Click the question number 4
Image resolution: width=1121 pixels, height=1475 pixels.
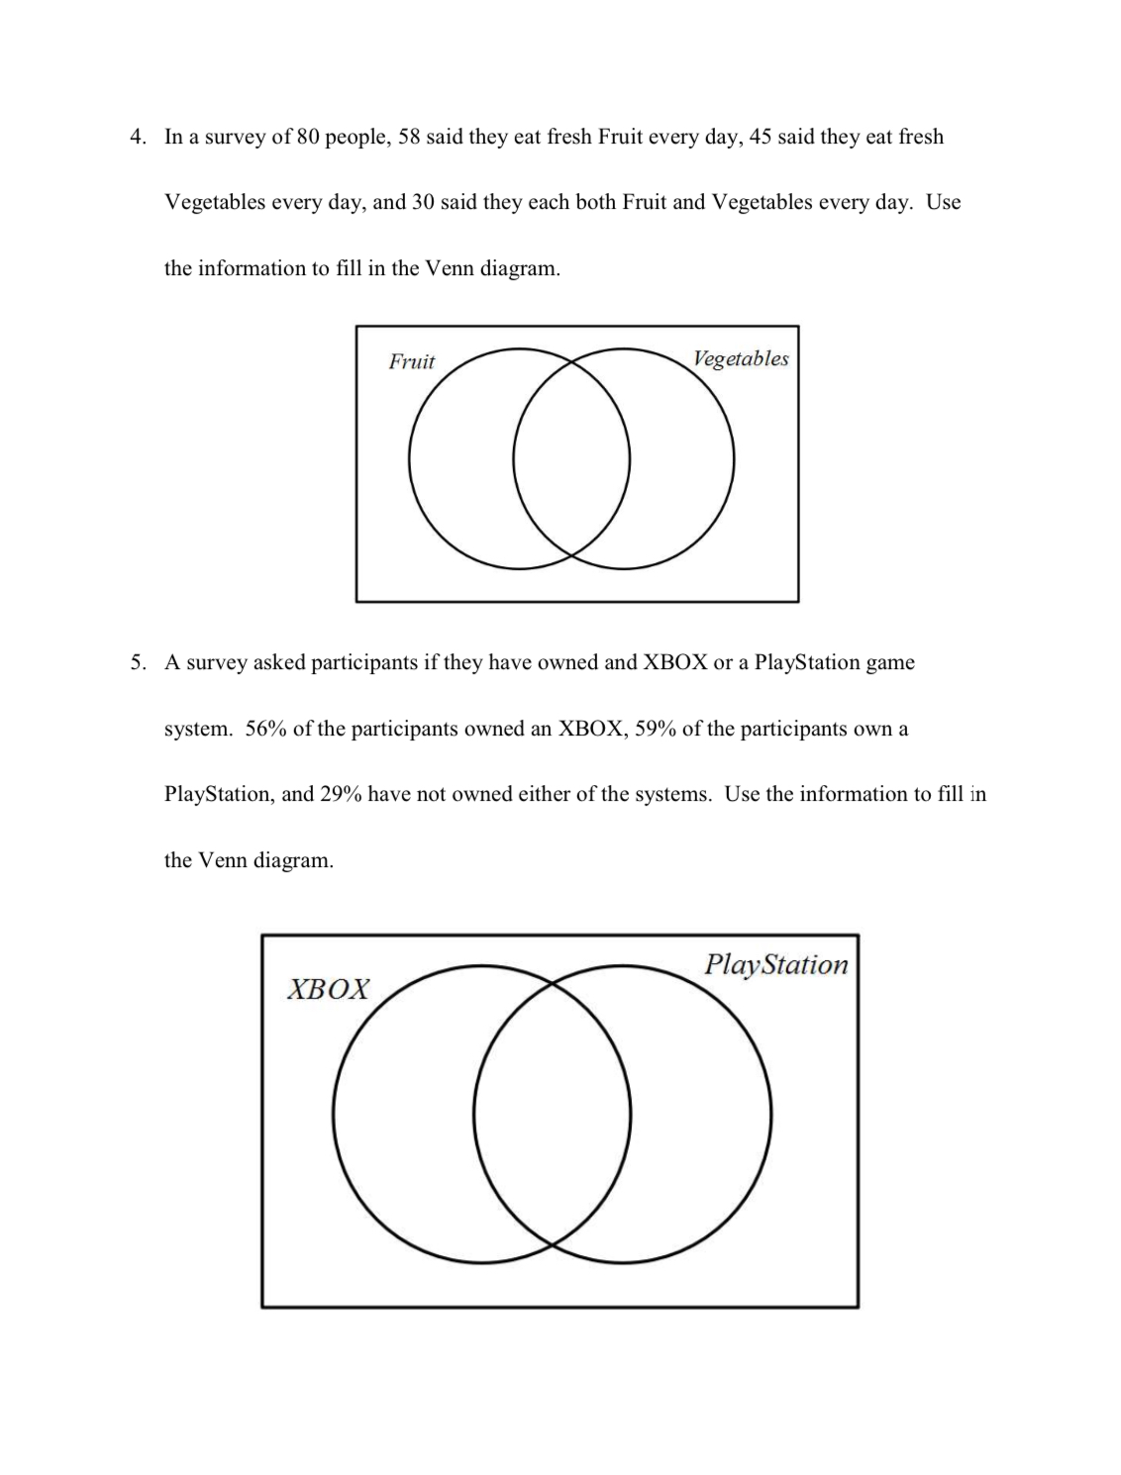click(x=138, y=137)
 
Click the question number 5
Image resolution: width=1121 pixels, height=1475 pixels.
click(x=138, y=662)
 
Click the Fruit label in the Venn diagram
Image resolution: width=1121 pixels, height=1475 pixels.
click(x=411, y=361)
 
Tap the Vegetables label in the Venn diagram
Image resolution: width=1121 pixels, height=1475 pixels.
click(x=741, y=358)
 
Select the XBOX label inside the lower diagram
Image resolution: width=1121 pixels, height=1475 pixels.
click(x=328, y=989)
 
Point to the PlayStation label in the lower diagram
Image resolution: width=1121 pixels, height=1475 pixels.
click(x=776, y=964)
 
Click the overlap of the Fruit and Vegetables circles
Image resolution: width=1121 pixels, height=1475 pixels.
click(x=571, y=459)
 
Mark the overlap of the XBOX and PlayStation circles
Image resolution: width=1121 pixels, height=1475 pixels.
click(x=552, y=1114)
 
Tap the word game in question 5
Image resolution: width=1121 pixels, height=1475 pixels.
click(x=889, y=662)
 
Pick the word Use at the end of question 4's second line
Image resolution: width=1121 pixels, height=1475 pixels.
click(x=943, y=202)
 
